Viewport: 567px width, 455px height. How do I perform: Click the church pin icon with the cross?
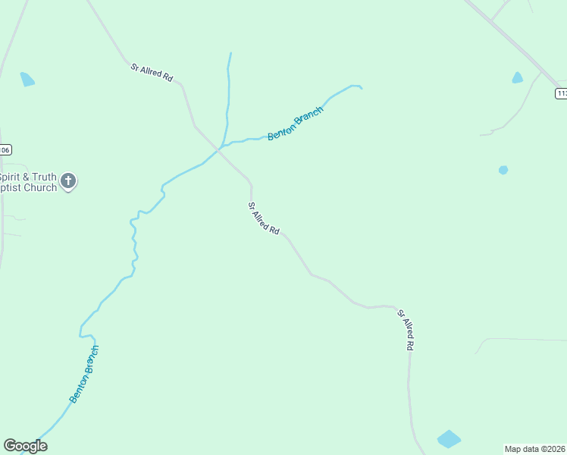coord(68,181)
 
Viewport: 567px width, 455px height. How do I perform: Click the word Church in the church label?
coord(40,187)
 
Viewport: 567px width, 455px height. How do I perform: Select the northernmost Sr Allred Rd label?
coord(152,73)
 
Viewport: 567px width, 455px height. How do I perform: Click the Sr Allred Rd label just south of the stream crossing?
coord(264,218)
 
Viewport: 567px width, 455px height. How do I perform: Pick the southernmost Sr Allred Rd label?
coord(406,329)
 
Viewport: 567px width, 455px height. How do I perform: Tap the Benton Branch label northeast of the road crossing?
coord(296,123)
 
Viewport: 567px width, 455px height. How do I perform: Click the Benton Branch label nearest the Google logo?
coord(84,374)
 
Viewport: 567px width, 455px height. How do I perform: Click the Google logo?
coord(25,446)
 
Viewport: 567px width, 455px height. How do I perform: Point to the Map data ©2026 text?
coord(535,449)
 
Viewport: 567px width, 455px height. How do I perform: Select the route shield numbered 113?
coord(561,93)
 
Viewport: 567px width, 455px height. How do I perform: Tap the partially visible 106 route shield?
coord(5,150)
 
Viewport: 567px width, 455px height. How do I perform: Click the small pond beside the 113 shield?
coord(517,77)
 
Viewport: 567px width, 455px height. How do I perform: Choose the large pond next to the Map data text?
coord(449,439)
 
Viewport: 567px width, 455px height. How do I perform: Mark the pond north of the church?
coord(27,79)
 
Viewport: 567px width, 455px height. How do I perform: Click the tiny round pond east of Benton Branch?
coord(503,170)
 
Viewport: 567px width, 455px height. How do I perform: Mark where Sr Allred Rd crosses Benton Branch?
coord(220,149)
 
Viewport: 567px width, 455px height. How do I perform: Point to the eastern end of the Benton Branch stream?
coord(360,88)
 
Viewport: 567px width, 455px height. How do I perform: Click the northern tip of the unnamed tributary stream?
coord(230,54)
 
